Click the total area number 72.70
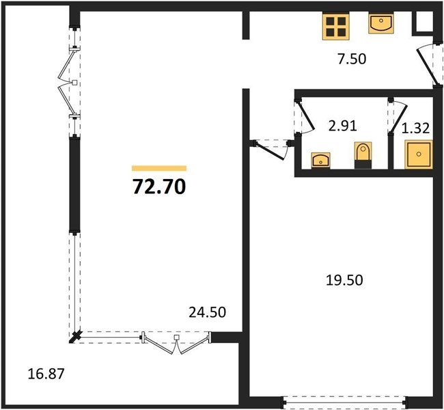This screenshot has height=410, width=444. (x=159, y=187)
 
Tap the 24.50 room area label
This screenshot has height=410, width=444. (x=207, y=312)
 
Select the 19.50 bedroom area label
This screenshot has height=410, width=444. (x=344, y=280)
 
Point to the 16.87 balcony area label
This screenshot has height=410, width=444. (x=46, y=374)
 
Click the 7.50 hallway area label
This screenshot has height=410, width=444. (x=352, y=59)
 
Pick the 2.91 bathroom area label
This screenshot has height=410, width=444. (x=342, y=126)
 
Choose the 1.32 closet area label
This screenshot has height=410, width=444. (x=416, y=128)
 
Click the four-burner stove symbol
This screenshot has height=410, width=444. (x=336, y=27)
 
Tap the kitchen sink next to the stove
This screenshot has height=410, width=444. (x=381, y=23)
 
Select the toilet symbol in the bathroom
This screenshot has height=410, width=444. (x=363, y=156)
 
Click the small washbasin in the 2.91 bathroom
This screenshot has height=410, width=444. (x=321, y=161)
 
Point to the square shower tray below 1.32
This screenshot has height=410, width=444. (x=419, y=154)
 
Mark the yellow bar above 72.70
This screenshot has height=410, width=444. (x=159, y=168)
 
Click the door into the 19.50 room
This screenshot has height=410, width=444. (x=269, y=150)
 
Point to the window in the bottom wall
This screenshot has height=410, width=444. (x=344, y=402)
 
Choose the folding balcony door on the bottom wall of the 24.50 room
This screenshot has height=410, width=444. (x=177, y=342)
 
